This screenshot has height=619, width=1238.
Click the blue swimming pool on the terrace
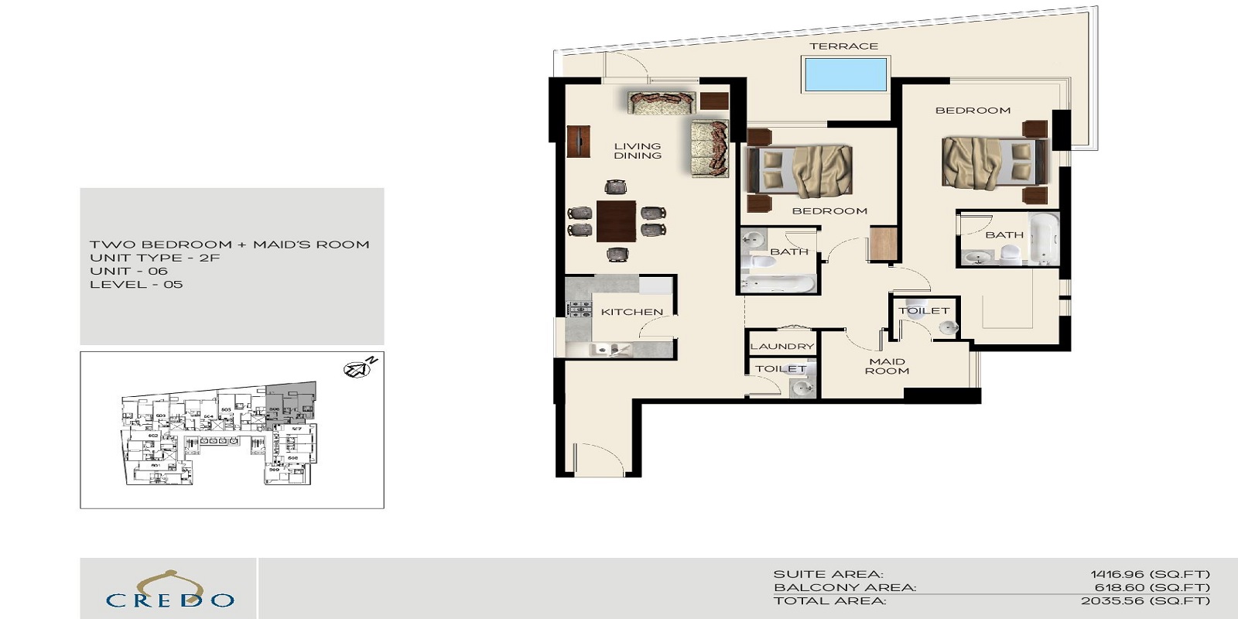(844, 74)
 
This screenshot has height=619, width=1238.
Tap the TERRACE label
(843, 46)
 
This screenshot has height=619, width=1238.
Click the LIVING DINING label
(638, 151)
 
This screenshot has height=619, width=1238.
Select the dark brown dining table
(617, 221)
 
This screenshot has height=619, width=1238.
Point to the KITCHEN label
(632, 312)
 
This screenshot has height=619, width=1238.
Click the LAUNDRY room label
(781, 347)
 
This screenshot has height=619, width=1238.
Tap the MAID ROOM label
(887, 366)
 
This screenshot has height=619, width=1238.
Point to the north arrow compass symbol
(360, 368)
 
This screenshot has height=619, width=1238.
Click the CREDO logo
(169, 593)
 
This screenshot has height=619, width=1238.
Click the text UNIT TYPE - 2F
(155, 258)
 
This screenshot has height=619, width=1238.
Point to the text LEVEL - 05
(136, 284)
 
